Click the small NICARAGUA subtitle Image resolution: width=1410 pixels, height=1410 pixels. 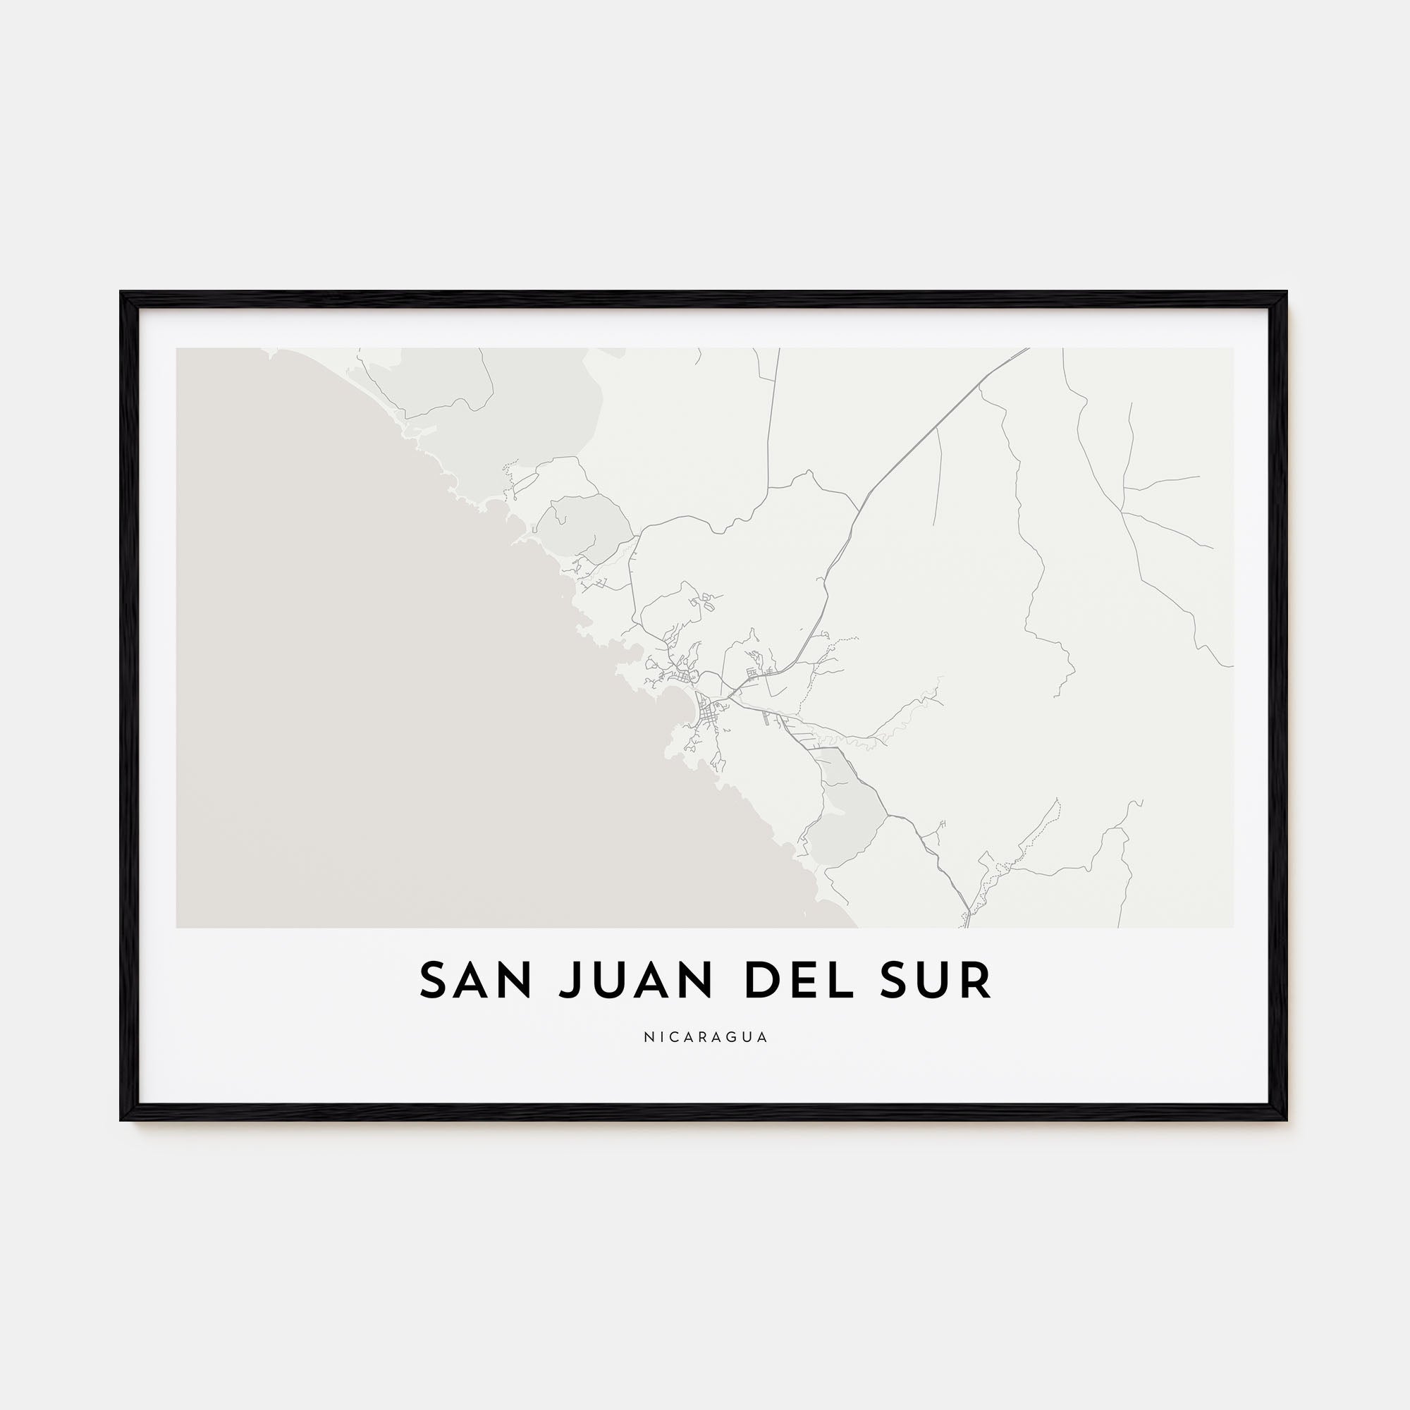click(x=705, y=1037)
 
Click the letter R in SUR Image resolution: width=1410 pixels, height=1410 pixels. click(x=976, y=981)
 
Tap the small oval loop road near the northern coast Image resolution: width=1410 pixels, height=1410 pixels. click(x=525, y=482)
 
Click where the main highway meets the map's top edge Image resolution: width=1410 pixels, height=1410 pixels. click(x=1028, y=349)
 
